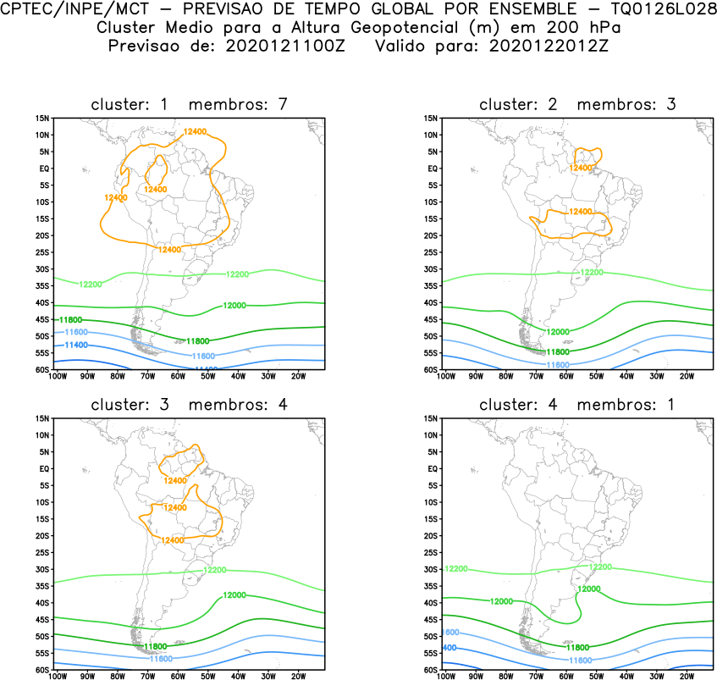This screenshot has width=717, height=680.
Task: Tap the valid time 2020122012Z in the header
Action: tap(548, 45)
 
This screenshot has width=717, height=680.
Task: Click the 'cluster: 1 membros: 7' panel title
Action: tap(190, 105)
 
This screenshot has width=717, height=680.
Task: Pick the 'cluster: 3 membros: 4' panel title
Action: tap(190, 405)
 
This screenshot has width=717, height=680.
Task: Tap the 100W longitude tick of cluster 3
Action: tap(57, 676)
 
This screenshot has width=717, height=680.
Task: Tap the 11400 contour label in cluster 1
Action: tap(76, 346)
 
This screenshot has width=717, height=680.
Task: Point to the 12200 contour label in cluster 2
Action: tap(592, 273)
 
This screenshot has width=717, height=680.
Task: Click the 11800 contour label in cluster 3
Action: tap(155, 646)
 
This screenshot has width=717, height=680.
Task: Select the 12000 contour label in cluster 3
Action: tap(234, 595)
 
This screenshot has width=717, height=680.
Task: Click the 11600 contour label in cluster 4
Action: tap(580, 660)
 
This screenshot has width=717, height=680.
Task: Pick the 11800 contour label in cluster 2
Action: tap(557, 351)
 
